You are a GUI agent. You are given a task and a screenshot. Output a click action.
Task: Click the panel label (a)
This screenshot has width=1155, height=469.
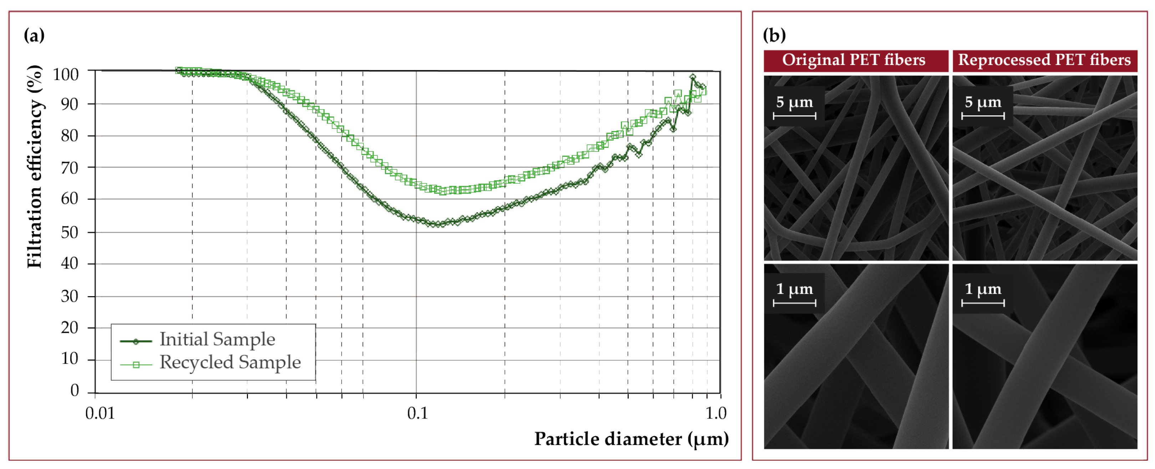coord(34,35)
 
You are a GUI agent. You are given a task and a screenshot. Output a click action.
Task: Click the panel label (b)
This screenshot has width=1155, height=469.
coord(774,35)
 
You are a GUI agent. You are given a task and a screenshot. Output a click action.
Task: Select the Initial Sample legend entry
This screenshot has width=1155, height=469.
coord(217,340)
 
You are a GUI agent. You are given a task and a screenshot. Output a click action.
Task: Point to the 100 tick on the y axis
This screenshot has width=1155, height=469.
coord(65,75)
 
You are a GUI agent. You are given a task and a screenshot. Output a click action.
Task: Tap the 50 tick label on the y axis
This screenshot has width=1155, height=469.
coord(70,233)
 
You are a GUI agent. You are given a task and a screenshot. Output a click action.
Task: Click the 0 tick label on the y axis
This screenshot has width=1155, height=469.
coord(75,390)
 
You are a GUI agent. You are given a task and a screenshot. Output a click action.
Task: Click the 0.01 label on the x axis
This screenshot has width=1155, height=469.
coord(100,413)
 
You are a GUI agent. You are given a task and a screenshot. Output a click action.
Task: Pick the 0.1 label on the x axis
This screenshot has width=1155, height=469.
coord(417,413)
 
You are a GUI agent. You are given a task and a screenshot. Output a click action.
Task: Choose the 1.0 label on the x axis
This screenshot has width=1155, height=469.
coord(716,413)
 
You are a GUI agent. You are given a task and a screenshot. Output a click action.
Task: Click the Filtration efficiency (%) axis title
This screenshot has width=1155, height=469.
coord(35,167)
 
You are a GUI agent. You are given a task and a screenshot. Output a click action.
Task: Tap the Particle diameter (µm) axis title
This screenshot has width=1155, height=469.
coord(631,439)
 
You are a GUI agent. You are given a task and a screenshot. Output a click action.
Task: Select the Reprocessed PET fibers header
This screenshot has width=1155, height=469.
coord(1044,60)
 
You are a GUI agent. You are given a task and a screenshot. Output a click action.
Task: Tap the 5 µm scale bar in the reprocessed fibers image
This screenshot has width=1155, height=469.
coord(983,116)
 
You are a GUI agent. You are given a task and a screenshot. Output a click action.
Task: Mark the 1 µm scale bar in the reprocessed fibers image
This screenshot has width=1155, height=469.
coord(983,303)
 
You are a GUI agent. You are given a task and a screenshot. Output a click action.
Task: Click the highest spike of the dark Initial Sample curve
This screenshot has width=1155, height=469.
coord(693,77)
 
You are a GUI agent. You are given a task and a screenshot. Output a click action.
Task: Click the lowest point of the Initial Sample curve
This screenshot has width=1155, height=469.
coord(437,224)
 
